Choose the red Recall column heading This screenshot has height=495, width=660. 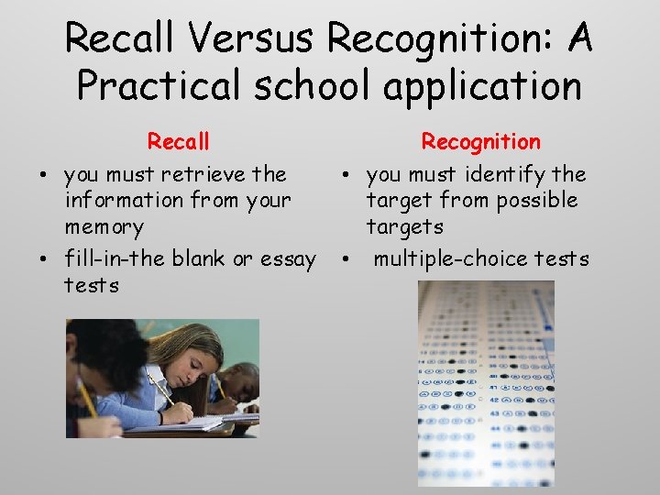pos(179,142)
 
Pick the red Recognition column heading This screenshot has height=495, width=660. pos(480,142)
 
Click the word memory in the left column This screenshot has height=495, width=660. pos(104,226)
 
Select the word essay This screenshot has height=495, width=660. pos(289,259)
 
